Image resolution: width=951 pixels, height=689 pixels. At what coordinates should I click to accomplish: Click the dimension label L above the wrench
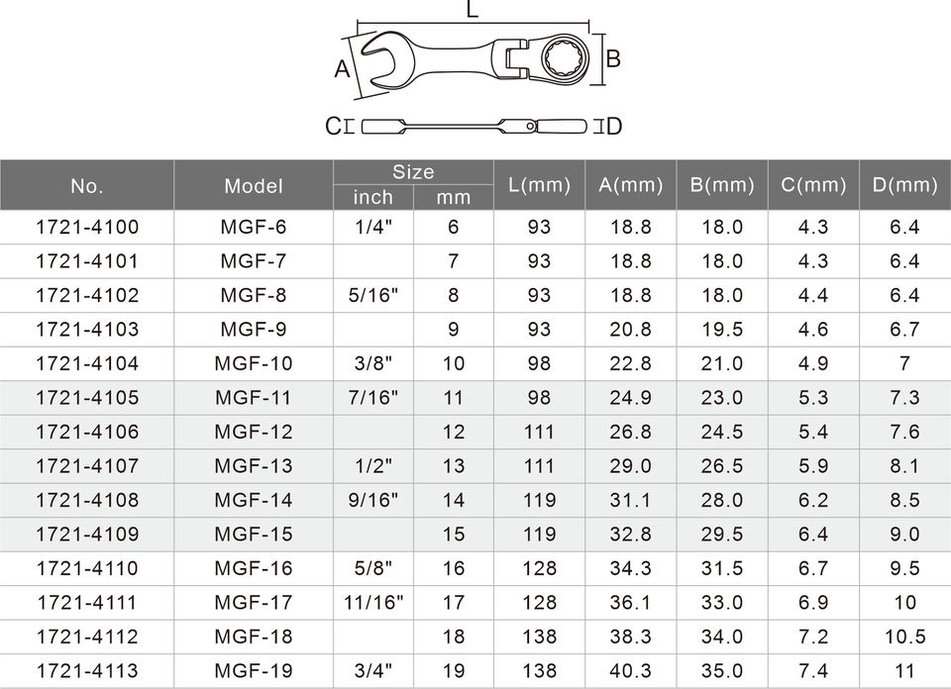[473, 9]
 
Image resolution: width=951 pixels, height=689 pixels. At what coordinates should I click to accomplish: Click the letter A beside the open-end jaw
[342, 69]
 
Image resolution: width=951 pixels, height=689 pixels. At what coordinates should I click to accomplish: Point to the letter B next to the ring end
[613, 58]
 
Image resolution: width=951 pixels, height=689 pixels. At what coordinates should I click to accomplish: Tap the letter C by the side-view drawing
[333, 126]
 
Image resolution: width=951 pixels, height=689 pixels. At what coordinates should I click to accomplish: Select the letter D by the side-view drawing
[614, 126]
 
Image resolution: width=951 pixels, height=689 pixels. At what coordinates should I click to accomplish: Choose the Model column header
[254, 186]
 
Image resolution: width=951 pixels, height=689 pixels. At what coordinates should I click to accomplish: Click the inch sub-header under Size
[373, 197]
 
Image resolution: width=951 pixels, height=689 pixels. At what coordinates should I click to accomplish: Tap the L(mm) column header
[539, 185]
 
